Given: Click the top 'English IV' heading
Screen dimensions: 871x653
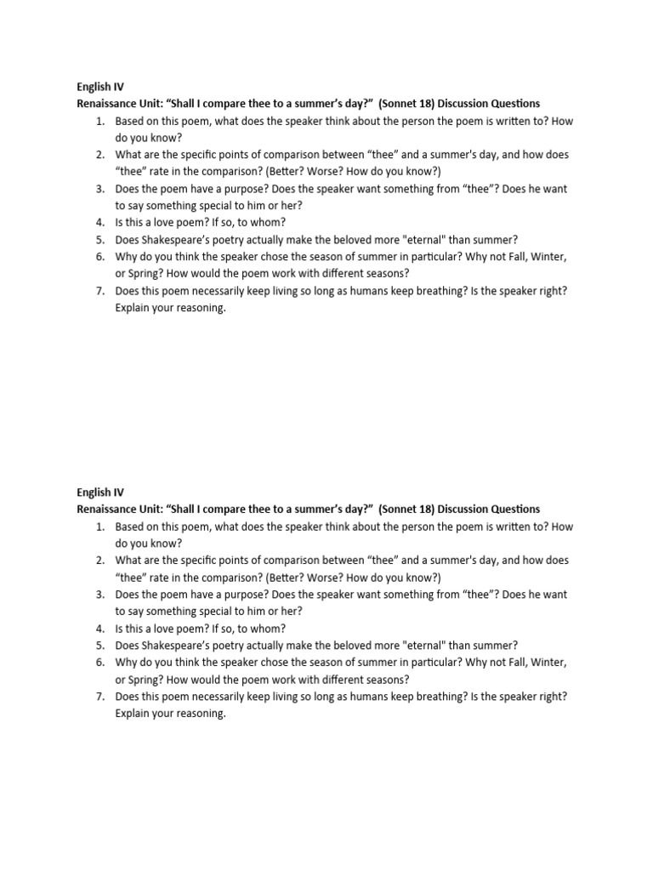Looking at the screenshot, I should tap(99, 87).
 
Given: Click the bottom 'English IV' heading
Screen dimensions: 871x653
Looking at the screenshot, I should tap(99, 492).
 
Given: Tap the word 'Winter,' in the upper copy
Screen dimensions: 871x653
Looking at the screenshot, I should tap(548, 257).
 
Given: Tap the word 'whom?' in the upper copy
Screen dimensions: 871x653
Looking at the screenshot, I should tap(266, 223).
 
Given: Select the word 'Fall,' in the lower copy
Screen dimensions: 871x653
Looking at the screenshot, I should tap(514, 663).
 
